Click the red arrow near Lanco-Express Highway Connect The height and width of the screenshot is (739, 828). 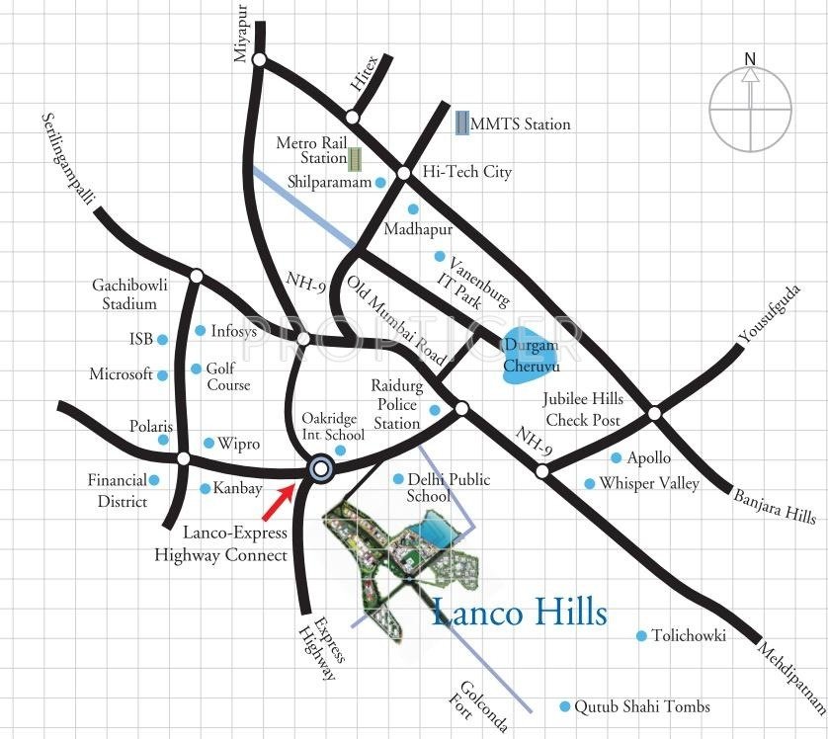click(x=279, y=500)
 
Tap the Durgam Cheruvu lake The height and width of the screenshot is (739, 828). click(x=530, y=354)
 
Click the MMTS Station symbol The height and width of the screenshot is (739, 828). click(x=461, y=123)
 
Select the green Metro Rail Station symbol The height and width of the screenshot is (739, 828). click(x=355, y=157)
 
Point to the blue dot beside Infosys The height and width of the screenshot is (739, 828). click(x=201, y=331)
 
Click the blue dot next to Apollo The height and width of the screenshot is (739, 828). click(x=617, y=457)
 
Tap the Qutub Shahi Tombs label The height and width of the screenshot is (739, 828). click(x=644, y=706)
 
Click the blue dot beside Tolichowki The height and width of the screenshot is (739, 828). click(x=641, y=635)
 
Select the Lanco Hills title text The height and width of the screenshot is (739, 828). click(x=520, y=613)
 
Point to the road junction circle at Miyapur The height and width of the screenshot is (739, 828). click(x=259, y=60)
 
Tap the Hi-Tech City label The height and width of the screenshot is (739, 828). click(x=467, y=172)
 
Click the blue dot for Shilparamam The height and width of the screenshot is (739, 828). click(x=380, y=183)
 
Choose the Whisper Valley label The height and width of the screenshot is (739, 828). click(x=649, y=483)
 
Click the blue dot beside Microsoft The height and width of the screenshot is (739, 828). click(x=163, y=374)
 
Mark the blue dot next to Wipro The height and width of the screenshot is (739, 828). click(x=208, y=443)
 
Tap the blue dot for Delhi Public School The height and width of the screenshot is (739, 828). click(x=398, y=480)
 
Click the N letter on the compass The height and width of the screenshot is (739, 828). click(x=751, y=58)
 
